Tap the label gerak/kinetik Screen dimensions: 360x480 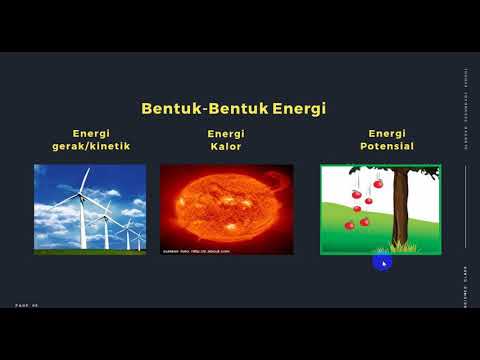[x=91, y=146]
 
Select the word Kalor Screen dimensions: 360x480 [x=226, y=146]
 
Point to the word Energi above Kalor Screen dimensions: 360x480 [x=226, y=133]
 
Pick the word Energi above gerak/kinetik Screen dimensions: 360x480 [x=91, y=133]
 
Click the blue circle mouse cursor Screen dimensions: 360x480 [x=381, y=262]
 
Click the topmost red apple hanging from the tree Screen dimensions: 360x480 [x=378, y=183]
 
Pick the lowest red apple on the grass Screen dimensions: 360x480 [x=349, y=225]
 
